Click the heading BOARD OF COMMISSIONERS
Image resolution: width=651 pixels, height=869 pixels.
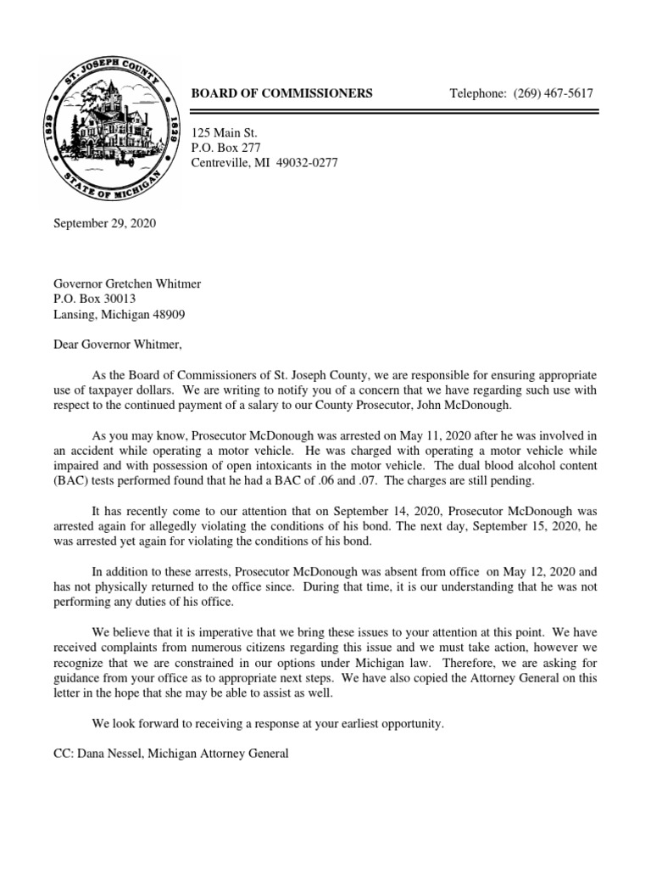pos(281,93)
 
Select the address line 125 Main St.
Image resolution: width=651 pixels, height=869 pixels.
pos(225,132)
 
